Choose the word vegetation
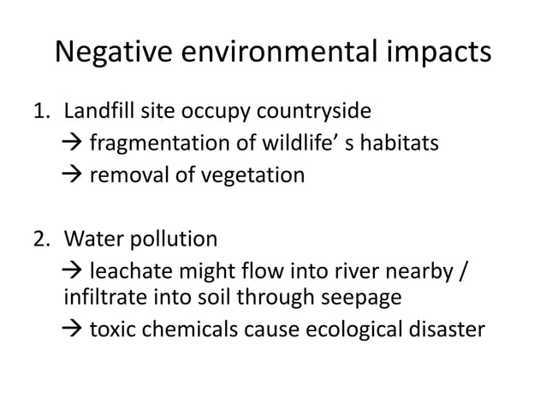click(x=256, y=175)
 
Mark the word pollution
click(x=170, y=237)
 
